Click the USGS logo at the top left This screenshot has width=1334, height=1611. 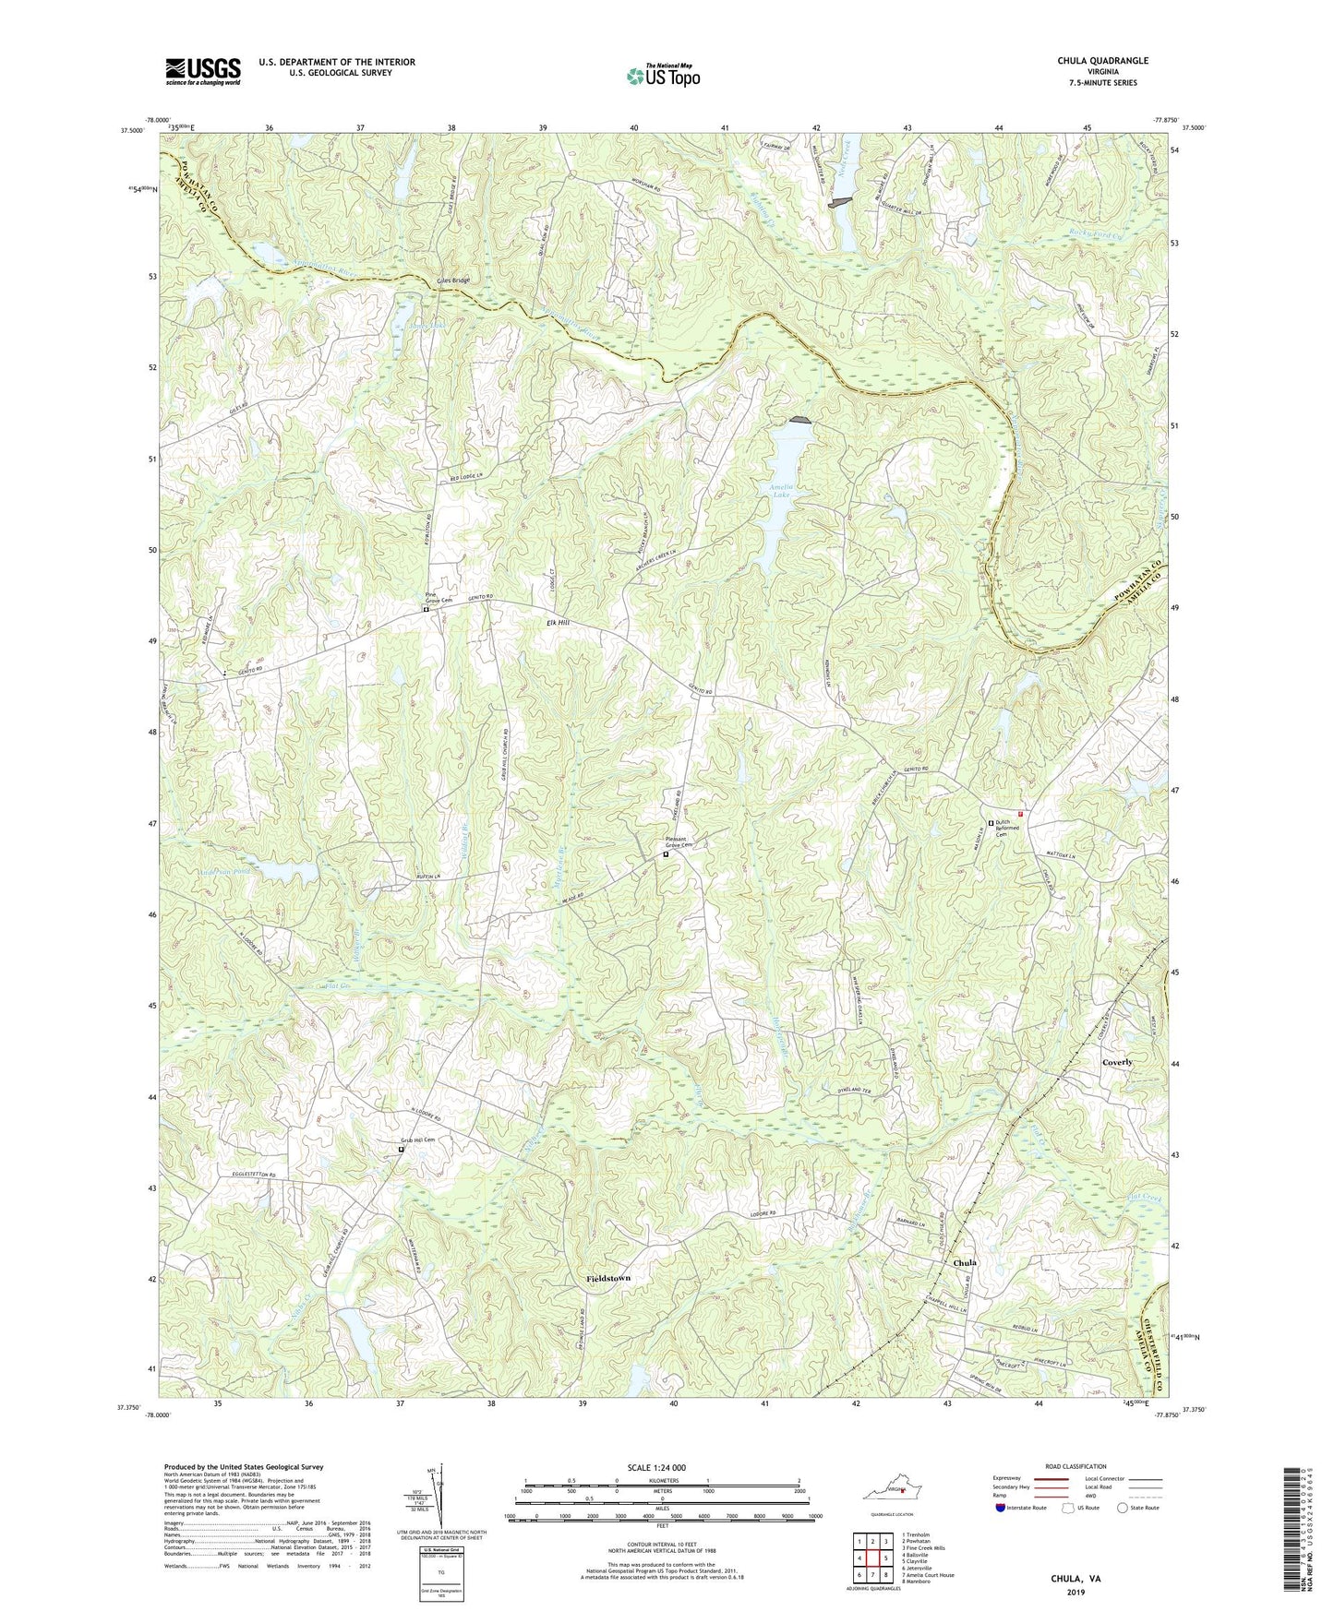click(x=203, y=71)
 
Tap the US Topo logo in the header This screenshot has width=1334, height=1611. click(x=662, y=75)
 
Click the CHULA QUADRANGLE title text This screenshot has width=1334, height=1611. click(x=1102, y=61)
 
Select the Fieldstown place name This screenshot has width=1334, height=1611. click(x=608, y=1278)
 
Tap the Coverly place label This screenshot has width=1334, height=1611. click(x=1116, y=1062)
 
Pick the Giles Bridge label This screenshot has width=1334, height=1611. click(x=453, y=280)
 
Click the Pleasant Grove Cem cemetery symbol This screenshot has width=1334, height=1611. click(x=667, y=855)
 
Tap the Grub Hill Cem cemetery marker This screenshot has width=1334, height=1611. click(x=401, y=1150)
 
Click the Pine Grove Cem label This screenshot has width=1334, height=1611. click(x=438, y=596)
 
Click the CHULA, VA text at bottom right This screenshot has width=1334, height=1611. click(x=1076, y=1579)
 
